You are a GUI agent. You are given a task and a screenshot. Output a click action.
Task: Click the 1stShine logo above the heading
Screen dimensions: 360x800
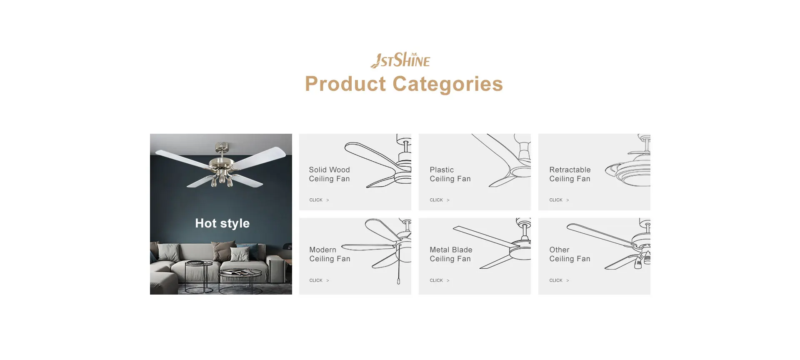tap(400, 60)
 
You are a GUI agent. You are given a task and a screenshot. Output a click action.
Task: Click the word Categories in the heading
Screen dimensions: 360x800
tap(447, 84)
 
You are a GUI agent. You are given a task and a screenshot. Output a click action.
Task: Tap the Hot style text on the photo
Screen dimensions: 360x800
tap(222, 223)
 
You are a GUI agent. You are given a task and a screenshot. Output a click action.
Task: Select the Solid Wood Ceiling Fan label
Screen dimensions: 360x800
tap(329, 174)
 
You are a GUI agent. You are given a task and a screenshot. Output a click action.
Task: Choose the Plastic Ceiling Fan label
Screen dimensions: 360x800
tap(450, 174)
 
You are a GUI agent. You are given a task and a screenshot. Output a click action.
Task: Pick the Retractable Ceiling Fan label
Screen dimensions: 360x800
tap(570, 174)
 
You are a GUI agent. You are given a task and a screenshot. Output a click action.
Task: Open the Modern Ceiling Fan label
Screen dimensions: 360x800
tap(330, 254)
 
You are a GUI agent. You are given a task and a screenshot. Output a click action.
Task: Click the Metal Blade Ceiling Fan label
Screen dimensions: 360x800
tap(451, 254)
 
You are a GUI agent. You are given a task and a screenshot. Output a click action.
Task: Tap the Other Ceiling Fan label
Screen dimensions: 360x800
tap(570, 254)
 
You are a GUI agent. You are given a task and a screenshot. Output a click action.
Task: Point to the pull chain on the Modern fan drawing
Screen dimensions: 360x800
tap(399, 267)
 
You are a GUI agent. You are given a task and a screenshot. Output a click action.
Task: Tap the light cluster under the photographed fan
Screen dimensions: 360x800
tap(222, 177)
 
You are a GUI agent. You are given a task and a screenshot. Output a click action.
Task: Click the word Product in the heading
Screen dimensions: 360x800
tap(345, 84)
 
